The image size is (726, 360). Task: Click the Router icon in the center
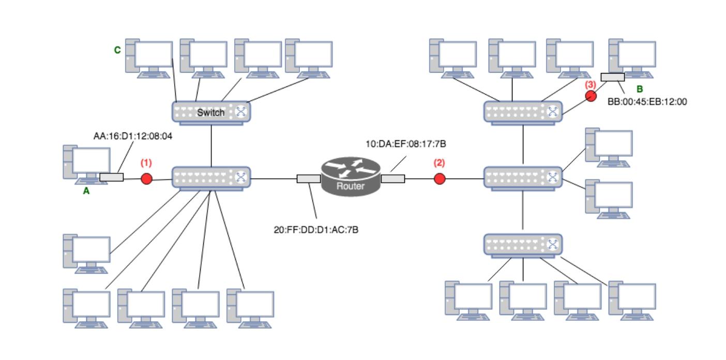click(x=351, y=176)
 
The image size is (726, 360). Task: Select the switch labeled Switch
click(x=211, y=112)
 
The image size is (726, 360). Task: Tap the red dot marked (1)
click(x=147, y=179)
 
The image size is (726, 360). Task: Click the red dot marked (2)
click(x=440, y=179)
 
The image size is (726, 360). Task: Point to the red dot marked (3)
click(x=591, y=96)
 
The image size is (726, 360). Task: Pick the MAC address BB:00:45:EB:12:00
click(x=647, y=102)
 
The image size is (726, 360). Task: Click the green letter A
click(x=86, y=191)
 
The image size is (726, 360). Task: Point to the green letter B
click(x=639, y=89)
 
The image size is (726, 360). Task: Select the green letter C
click(x=117, y=50)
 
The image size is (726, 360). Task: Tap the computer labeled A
click(x=87, y=163)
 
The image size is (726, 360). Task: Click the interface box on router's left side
click(x=309, y=179)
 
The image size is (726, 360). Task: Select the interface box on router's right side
click(x=393, y=179)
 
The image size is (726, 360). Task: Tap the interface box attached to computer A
click(x=111, y=177)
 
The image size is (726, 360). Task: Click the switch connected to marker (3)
click(x=523, y=112)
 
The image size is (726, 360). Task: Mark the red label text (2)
click(x=439, y=162)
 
